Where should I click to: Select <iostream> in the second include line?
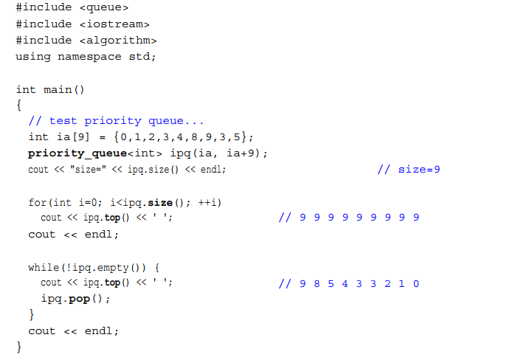click(x=109, y=24)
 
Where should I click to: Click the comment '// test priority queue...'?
click(x=115, y=121)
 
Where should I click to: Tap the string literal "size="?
click(x=86, y=170)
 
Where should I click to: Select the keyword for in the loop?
click(x=37, y=202)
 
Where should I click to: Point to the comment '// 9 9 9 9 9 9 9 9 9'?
click(x=350, y=218)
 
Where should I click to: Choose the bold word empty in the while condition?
click(x=110, y=266)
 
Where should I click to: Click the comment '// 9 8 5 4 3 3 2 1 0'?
click(x=350, y=283)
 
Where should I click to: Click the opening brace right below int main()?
click(x=19, y=105)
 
